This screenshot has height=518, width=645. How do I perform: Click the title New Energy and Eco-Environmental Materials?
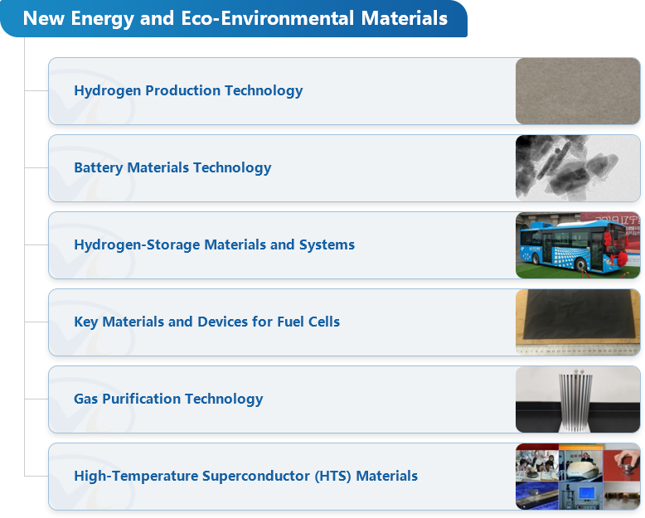point(235,18)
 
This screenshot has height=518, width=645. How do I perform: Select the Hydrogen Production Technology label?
point(188,91)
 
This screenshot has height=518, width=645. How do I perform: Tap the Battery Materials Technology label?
point(172,167)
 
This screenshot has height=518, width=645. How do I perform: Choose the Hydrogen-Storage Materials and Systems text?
point(215,244)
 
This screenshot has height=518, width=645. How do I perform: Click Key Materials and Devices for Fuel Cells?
point(207,322)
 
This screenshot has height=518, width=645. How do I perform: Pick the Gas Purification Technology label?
point(168,399)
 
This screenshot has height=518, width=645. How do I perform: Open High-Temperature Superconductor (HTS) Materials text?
point(246,476)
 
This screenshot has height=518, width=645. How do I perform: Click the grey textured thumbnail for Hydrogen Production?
point(578,91)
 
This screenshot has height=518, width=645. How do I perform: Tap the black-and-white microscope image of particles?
point(578,168)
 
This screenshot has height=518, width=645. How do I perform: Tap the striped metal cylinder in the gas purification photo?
point(575,400)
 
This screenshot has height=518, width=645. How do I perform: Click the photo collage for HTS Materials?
point(578,477)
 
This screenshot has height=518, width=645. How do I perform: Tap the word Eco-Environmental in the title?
point(268,18)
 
